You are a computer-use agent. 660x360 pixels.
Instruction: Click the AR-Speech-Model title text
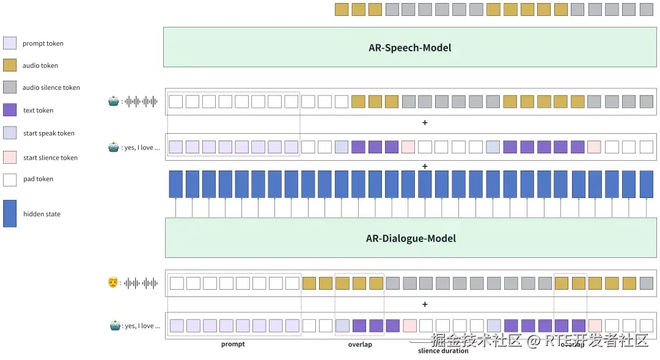pyautogui.click(x=409, y=48)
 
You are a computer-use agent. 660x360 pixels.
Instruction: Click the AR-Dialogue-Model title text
pyautogui.click(x=411, y=238)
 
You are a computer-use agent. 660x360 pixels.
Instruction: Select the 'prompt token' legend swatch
pyautogui.click(x=10, y=43)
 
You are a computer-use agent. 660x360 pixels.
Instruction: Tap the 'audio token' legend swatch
pyautogui.click(x=10, y=65)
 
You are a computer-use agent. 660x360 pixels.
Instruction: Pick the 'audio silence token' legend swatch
pyautogui.click(x=10, y=87)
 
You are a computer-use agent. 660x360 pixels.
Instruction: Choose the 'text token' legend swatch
pyautogui.click(x=10, y=110)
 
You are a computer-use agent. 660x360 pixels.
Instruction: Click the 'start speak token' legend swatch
pyautogui.click(x=10, y=133)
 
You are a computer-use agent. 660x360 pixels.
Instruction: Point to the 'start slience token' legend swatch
pyautogui.click(x=10, y=157)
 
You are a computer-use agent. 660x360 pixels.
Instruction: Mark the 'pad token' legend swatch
pyautogui.click(x=10, y=179)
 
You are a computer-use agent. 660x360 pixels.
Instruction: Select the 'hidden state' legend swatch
pyautogui.click(x=10, y=214)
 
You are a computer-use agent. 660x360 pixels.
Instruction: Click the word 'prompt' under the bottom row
pyautogui.click(x=233, y=344)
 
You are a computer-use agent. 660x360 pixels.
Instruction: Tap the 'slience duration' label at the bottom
pyautogui.click(x=443, y=351)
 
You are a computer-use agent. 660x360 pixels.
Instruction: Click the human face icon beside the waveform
pyautogui.click(x=113, y=283)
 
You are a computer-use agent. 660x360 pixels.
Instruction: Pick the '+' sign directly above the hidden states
pyautogui.click(x=425, y=166)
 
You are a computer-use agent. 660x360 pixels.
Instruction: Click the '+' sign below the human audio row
pyautogui.click(x=425, y=304)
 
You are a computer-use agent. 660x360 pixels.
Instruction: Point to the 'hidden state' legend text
pyautogui.click(x=42, y=214)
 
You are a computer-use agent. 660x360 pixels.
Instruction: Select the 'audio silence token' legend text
pyautogui.click(x=51, y=87)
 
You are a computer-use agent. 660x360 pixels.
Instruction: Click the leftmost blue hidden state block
pyautogui.click(x=176, y=184)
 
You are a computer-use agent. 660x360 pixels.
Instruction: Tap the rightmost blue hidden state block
pyautogui.click(x=647, y=184)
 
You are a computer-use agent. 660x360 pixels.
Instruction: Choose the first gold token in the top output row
pyautogui.click(x=342, y=9)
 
